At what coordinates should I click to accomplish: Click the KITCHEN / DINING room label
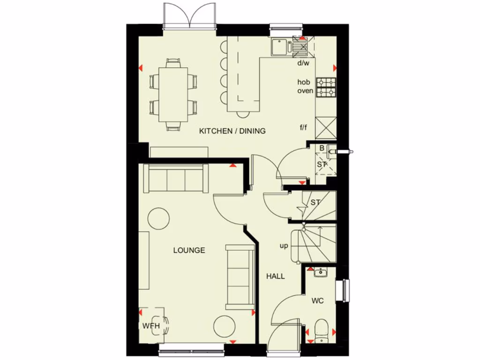click(x=232, y=131)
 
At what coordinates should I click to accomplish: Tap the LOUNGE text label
click(x=189, y=250)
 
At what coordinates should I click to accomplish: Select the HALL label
click(x=276, y=277)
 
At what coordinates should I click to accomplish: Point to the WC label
click(x=318, y=300)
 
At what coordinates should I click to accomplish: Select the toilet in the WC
click(x=322, y=329)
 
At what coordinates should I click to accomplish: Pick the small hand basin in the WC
click(x=321, y=272)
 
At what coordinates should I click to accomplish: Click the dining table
click(x=173, y=94)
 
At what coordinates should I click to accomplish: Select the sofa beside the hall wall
click(x=239, y=277)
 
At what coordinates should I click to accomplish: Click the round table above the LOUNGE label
click(x=159, y=218)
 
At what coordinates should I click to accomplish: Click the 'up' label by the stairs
click(x=284, y=245)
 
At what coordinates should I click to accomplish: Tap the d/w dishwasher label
click(x=303, y=62)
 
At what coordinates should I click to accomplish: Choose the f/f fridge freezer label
click(x=303, y=127)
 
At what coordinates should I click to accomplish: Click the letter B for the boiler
click(x=322, y=149)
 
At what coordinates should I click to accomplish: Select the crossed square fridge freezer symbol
click(x=326, y=127)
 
